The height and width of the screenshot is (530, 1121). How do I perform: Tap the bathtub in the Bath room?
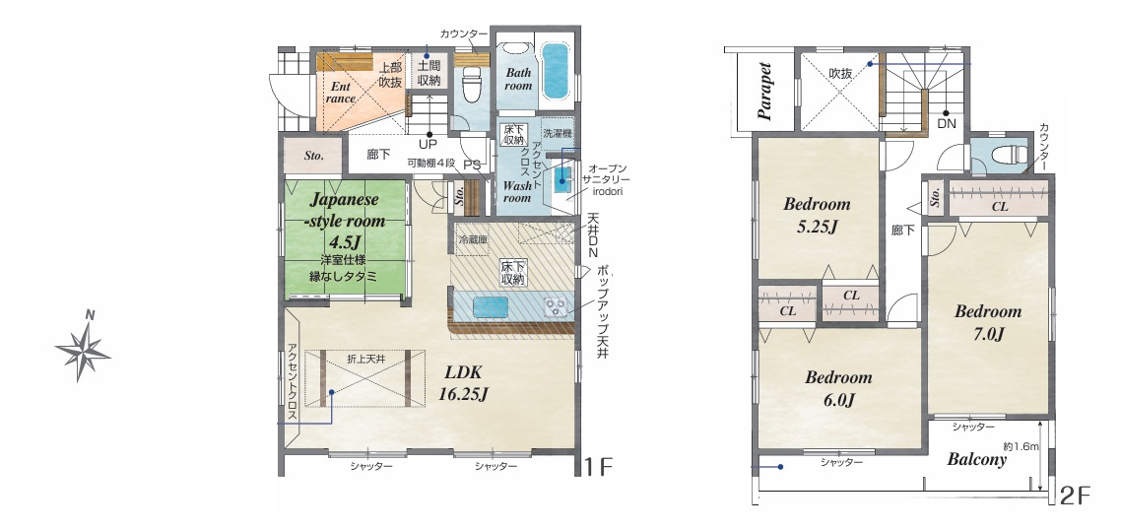[554, 71]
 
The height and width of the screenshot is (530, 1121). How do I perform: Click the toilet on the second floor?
[1010, 154]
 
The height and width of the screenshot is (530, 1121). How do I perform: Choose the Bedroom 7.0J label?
[988, 322]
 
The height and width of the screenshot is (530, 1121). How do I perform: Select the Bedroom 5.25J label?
[817, 216]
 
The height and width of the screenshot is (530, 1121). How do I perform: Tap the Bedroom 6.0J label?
[838, 388]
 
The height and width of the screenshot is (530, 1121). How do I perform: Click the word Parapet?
[765, 92]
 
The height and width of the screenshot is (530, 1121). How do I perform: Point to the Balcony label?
[976, 459]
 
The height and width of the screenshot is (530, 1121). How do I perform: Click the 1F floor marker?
[598, 468]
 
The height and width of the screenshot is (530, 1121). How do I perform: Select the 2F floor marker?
[1075, 496]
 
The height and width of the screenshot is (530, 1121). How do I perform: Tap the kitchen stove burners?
[556, 306]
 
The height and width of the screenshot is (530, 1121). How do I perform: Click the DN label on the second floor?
[946, 123]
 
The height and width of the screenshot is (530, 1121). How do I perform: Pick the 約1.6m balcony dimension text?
[1021, 445]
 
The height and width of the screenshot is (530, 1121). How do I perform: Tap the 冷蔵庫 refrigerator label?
[472, 240]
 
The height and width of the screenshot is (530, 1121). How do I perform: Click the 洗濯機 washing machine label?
[557, 133]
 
